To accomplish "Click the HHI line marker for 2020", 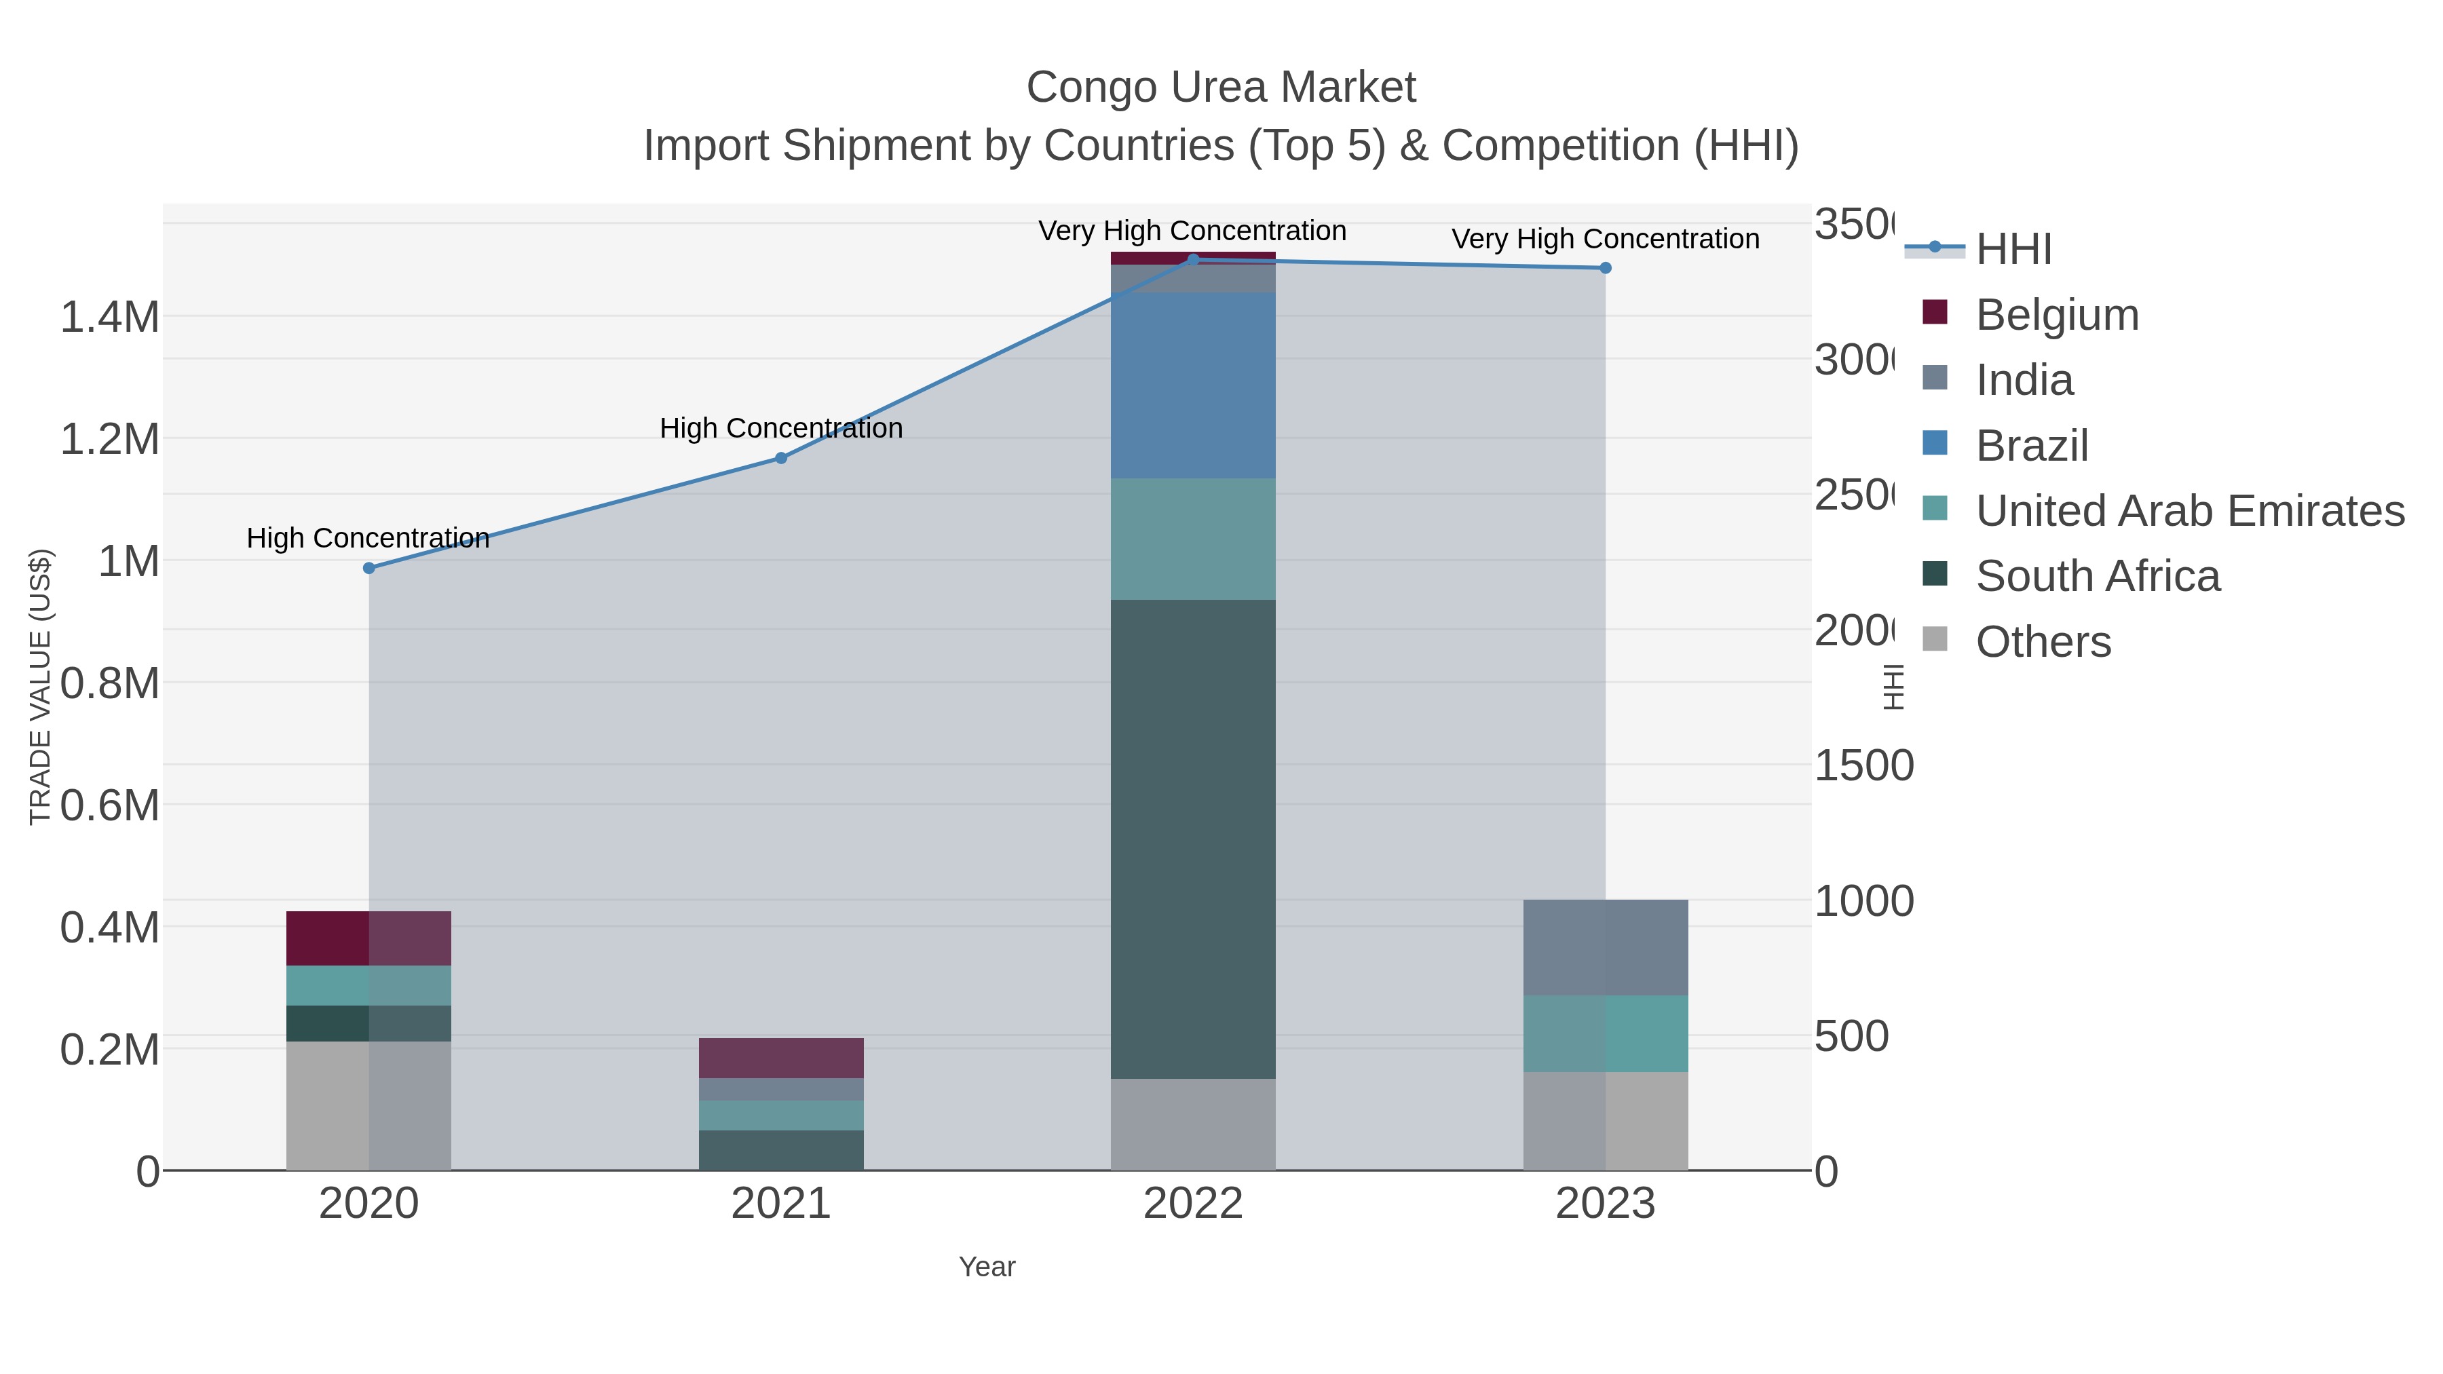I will coord(369,568).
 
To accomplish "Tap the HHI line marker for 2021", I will coord(782,458).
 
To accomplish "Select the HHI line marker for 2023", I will coord(1606,268).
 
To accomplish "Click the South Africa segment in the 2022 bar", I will coord(1193,839).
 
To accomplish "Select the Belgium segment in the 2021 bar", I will coord(782,1058).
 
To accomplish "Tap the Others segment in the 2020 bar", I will coord(369,1106).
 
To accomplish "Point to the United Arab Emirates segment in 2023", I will coord(1606,1033).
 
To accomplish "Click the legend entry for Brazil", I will coord(2031,446).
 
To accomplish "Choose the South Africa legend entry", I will coord(2097,577).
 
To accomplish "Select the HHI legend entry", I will coord(2013,250).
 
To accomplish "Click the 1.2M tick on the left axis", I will coord(110,440).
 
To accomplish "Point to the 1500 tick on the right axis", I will coord(1863,766).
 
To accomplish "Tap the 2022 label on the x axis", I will coord(1193,1204).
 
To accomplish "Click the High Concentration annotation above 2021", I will coord(782,429).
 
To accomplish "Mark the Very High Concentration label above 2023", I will coord(1606,239).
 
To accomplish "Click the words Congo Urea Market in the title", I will coord(1221,88).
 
